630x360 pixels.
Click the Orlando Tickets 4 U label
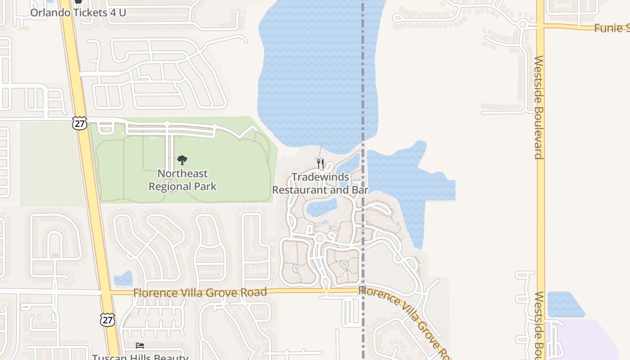click(78, 12)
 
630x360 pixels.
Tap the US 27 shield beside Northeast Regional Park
click(79, 123)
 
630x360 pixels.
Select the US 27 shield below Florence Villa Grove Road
click(108, 320)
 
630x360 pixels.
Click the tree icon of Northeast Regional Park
click(182, 160)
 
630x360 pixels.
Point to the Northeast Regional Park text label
click(183, 180)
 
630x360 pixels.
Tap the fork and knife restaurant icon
click(320, 163)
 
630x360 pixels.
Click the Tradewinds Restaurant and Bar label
click(320, 184)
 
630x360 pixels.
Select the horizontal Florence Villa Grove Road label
click(200, 292)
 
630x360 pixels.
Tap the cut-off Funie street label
click(612, 28)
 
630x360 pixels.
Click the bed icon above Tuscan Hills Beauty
click(140, 346)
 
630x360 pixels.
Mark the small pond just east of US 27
click(123, 279)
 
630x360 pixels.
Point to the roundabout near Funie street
click(522, 23)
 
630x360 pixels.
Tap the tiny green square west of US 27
click(55, 255)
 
